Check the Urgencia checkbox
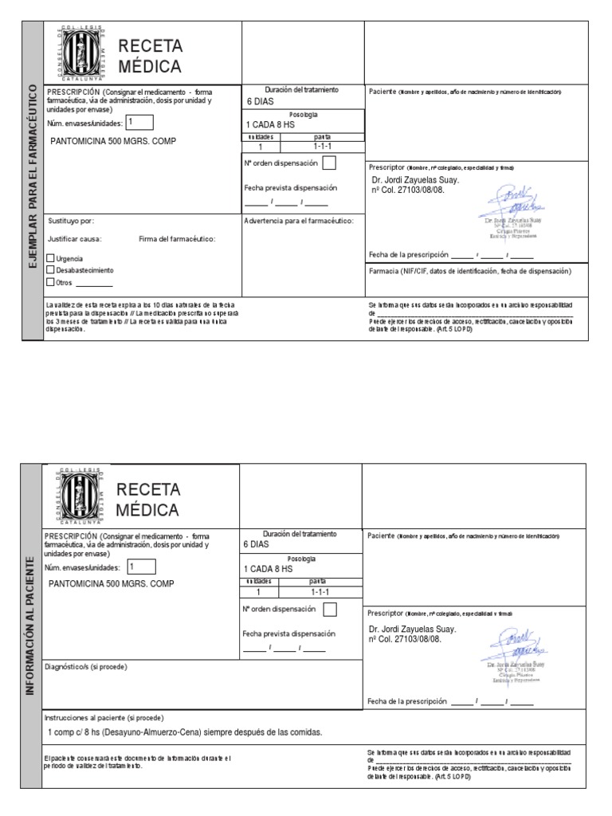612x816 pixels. pos(51,258)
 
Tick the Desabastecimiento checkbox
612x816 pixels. pos(51,270)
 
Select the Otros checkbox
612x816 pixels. pos(51,282)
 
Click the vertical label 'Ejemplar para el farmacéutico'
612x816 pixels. pos(33,181)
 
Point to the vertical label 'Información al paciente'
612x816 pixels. pos(30,626)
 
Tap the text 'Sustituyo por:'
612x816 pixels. pos(71,220)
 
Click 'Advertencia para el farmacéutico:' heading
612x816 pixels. pos(299,220)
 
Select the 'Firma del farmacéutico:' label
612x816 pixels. pos(177,238)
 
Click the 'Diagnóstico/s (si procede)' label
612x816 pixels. pos(86,666)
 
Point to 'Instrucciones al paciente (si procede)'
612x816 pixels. pos(104,717)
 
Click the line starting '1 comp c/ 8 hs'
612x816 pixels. pos(185,732)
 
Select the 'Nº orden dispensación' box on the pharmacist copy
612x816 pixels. pos(329,163)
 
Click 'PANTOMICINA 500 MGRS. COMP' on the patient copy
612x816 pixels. pos(112,583)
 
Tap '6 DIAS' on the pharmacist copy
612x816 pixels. pos(261,102)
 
